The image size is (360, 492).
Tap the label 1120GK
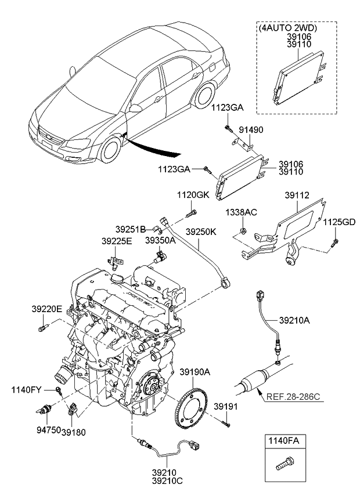pos(193,195)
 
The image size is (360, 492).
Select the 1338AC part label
pos(242,213)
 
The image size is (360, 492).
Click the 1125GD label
pos(339,221)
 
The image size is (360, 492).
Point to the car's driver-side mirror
pos(135,108)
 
